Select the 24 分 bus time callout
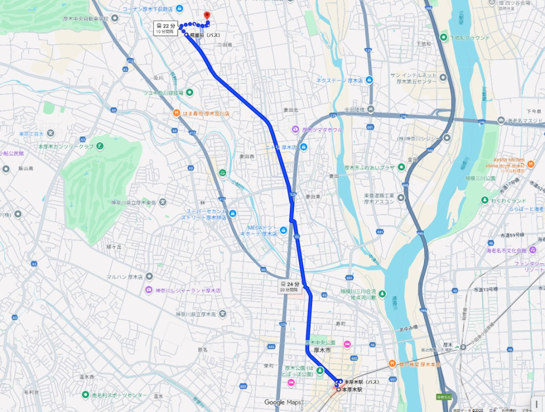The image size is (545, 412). (x=290, y=287)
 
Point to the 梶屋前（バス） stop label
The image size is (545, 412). (x=205, y=35)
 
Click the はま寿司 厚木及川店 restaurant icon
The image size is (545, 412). (x=176, y=113)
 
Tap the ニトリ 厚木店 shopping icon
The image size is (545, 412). (x=303, y=146)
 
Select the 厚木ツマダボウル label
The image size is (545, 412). (x=322, y=130)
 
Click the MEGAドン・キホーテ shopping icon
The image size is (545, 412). (x=284, y=230)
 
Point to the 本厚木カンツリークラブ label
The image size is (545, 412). (x=65, y=146)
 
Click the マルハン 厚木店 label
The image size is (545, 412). (x=125, y=277)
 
